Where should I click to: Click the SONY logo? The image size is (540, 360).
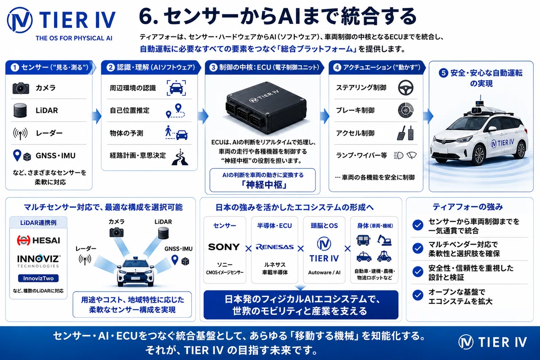point(224,247)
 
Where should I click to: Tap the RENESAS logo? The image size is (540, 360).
point(274,247)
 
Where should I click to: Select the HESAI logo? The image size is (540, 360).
point(38,240)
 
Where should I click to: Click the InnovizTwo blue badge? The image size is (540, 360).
point(38,278)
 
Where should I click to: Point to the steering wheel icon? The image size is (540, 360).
point(405,88)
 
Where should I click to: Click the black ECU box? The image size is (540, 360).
point(266,108)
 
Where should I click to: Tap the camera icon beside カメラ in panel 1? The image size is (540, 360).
point(21,88)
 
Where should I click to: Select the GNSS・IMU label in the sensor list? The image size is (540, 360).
point(55,156)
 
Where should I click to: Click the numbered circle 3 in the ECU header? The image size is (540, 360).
point(213,67)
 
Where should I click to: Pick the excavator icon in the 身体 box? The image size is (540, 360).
point(384,240)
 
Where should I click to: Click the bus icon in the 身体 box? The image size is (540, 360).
point(363,240)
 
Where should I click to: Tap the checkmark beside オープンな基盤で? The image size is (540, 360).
point(418,295)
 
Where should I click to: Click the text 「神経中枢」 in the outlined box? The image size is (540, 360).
point(264,185)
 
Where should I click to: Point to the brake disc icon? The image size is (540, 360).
point(405,110)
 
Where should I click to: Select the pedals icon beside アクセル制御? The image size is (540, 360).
point(405,133)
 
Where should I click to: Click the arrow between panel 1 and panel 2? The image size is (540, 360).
point(97,116)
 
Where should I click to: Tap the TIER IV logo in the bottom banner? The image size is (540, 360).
point(492,342)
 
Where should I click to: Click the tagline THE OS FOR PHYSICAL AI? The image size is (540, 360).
point(74,38)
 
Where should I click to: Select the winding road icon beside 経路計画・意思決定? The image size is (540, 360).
point(180,157)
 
